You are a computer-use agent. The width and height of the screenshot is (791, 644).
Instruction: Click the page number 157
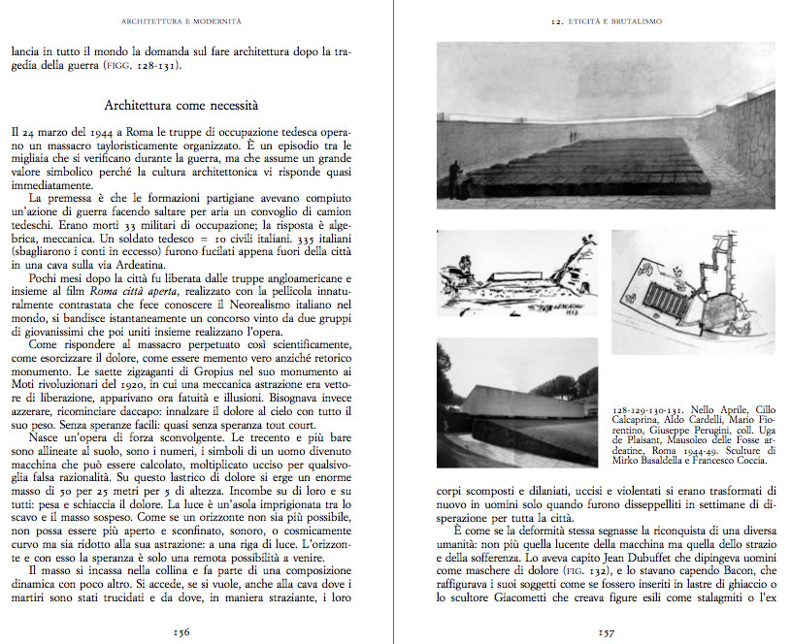(x=607, y=629)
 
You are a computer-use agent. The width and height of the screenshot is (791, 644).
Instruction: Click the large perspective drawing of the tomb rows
(x=606, y=125)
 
